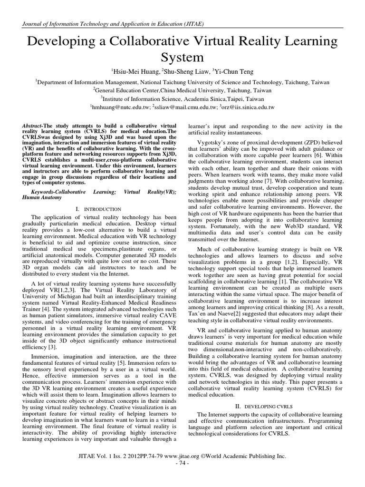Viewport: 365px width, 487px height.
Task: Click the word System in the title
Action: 182,57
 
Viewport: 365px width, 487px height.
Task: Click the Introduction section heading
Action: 101,209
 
